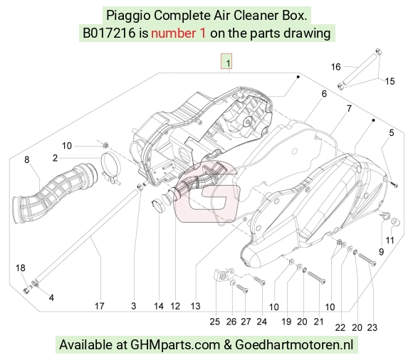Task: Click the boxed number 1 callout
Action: (226, 62)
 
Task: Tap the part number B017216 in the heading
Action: (109, 33)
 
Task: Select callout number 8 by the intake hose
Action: (27, 159)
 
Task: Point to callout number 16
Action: (336, 67)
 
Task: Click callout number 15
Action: (390, 81)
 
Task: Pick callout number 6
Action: (324, 94)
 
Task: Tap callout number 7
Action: (349, 108)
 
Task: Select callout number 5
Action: (392, 132)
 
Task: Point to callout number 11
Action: (390, 240)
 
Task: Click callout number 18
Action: (20, 268)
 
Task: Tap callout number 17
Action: (99, 306)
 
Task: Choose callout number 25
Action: (214, 322)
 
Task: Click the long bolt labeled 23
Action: (367, 259)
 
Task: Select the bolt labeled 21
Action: (317, 278)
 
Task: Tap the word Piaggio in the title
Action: (128, 16)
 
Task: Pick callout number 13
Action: (195, 306)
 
